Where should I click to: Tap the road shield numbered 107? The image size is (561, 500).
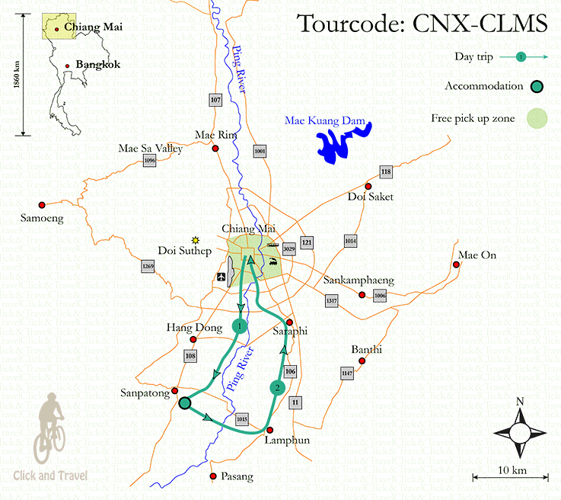pyautogui.click(x=215, y=100)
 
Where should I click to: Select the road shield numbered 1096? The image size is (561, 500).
pyautogui.click(x=149, y=161)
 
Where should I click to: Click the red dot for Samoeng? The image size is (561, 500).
pyautogui.click(x=42, y=204)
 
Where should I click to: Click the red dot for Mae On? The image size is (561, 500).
pyautogui.click(x=456, y=264)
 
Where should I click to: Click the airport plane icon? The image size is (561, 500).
pyautogui.click(x=221, y=277)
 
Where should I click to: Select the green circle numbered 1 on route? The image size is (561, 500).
pyautogui.click(x=240, y=327)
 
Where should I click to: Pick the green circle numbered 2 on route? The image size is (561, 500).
pyautogui.click(x=278, y=388)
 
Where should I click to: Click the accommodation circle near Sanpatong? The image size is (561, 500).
pyautogui.click(x=184, y=403)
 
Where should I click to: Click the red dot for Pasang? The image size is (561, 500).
pyautogui.click(x=212, y=477)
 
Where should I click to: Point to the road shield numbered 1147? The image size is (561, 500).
pyautogui.click(x=348, y=373)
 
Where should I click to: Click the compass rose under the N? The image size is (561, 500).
pyautogui.click(x=520, y=432)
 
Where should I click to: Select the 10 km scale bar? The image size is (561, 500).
pyautogui.click(x=509, y=478)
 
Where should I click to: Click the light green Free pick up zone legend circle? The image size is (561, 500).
pyautogui.click(x=518, y=118)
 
